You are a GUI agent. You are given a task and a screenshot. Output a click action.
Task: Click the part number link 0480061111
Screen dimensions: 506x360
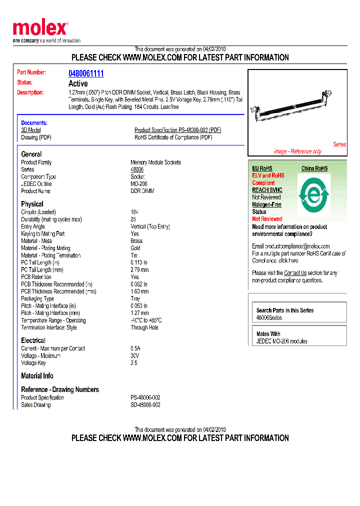(x=86, y=73)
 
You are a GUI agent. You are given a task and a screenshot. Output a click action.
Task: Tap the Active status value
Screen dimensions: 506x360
(x=78, y=83)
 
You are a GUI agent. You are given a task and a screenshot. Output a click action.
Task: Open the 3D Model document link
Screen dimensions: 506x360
(x=31, y=130)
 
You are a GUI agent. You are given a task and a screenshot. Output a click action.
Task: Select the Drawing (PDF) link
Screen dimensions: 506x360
(x=36, y=137)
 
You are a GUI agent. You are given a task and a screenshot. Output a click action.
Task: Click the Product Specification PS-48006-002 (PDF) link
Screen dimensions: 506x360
(x=177, y=130)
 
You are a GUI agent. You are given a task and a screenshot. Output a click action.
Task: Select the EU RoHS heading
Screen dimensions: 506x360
(x=262, y=168)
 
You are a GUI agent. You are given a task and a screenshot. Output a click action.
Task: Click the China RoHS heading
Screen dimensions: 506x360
(x=314, y=168)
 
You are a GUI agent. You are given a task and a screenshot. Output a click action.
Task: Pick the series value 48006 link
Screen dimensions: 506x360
(x=137, y=169)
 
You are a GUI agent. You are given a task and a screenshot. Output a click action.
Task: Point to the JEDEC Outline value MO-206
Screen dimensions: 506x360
(x=139, y=184)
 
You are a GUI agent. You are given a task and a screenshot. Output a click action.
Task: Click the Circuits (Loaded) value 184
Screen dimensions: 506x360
(x=134, y=212)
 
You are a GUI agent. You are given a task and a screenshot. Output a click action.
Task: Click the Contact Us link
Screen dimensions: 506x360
(x=295, y=273)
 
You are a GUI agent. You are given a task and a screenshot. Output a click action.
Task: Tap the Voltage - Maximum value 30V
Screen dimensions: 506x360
(x=135, y=356)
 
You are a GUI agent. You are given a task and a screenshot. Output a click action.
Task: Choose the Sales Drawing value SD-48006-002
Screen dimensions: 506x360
(x=145, y=405)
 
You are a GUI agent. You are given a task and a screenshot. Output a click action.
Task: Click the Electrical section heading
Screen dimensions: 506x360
(x=33, y=340)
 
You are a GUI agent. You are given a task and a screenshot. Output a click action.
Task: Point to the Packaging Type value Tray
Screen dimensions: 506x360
(x=135, y=298)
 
